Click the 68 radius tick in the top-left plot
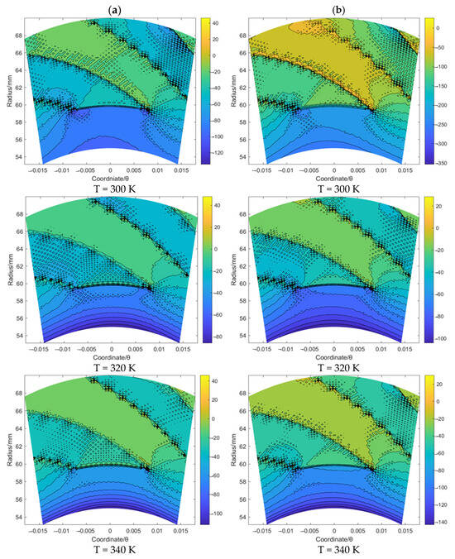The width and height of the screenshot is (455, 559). (17, 36)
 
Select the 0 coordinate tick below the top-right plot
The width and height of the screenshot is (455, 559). (333, 168)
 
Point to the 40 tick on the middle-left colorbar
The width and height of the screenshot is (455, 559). (213, 202)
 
